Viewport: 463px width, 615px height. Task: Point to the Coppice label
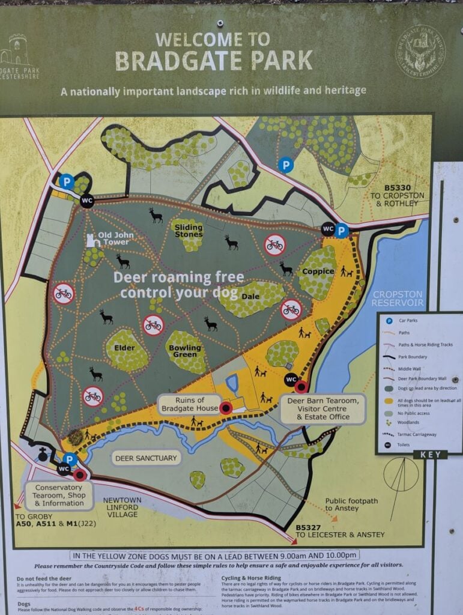[318, 271]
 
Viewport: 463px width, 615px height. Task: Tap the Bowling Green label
[184, 351]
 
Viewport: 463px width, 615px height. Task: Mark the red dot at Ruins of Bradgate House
[226, 408]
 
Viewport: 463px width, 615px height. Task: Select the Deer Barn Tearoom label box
[322, 408]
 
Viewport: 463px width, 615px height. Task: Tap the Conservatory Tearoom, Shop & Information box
[59, 495]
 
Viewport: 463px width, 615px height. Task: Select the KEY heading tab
[431, 455]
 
